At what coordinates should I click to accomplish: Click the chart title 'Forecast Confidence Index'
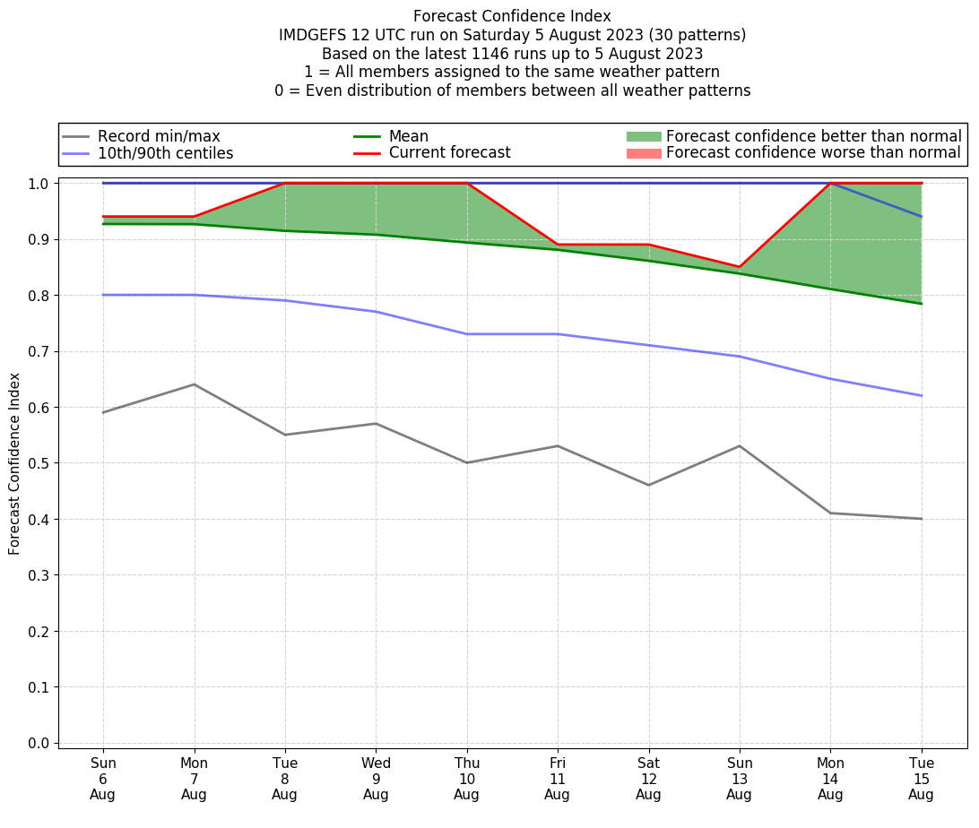click(512, 16)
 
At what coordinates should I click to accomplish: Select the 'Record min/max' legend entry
click(158, 136)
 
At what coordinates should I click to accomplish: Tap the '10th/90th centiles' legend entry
click(165, 153)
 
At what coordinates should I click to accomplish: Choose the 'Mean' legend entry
click(408, 136)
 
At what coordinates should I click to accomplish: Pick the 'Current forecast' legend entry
click(449, 153)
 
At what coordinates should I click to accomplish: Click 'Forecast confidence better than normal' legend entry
click(813, 136)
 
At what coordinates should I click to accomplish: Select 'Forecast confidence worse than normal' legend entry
click(813, 153)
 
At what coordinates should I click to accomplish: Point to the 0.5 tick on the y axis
click(39, 463)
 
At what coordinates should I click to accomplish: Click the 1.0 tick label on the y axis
click(39, 184)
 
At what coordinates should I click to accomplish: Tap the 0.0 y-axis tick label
click(39, 743)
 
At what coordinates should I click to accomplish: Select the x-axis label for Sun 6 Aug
click(103, 778)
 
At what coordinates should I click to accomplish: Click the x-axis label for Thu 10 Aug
click(467, 778)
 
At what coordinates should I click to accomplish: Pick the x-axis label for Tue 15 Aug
click(921, 778)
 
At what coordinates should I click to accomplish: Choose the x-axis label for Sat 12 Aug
click(648, 778)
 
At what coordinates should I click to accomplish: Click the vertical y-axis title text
click(14, 464)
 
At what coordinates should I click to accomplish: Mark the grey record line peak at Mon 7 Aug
click(194, 384)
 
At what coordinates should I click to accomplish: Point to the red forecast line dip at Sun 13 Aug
click(740, 267)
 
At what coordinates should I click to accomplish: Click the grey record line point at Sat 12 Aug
click(648, 485)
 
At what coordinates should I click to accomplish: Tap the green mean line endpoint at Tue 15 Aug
click(921, 304)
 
